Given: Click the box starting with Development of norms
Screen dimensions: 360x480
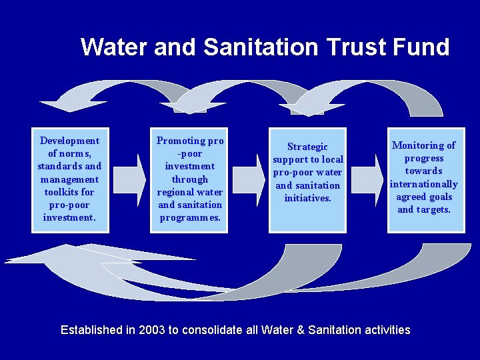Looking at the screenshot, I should [70, 179].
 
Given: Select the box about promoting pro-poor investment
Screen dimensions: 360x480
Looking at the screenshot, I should [189, 179].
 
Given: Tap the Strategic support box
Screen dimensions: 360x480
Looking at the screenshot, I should [307, 179].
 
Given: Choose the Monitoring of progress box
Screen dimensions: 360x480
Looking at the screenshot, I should [425, 179].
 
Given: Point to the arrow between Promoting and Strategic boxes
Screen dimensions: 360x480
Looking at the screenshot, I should [249, 179].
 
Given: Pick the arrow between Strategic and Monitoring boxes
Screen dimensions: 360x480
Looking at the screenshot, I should [367, 179].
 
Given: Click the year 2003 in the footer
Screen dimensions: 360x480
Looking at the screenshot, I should [152, 330].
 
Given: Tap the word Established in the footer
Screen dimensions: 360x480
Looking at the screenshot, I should [91, 330].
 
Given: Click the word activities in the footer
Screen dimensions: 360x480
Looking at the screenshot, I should [387, 330].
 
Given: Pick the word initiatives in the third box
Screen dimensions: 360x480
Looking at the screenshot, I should [307, 198].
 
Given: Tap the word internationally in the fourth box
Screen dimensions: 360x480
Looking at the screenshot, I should [424, 184].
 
